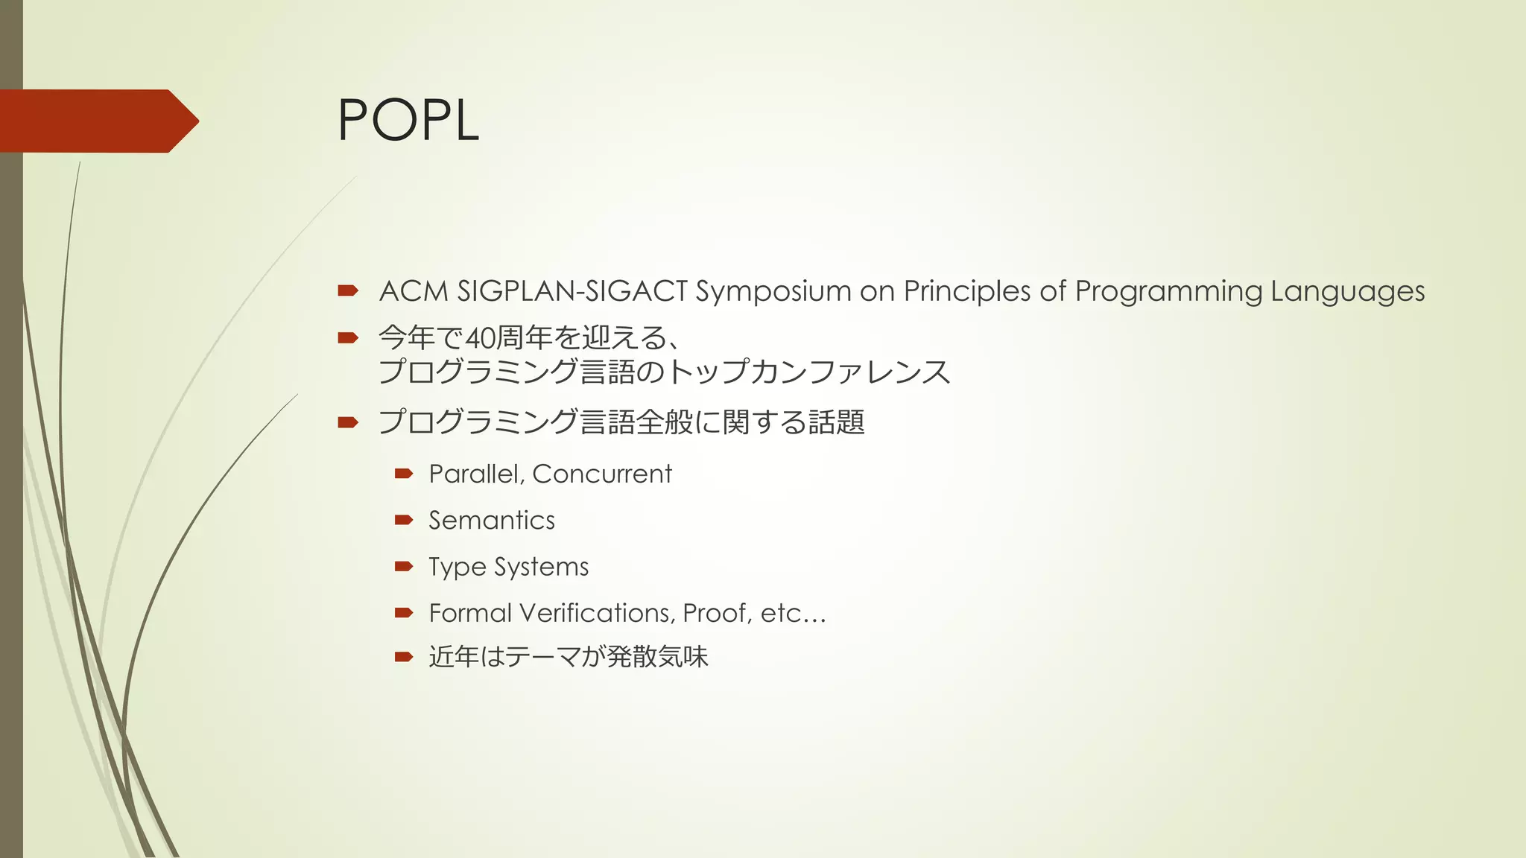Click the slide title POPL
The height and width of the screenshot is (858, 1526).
[x=408, y=121]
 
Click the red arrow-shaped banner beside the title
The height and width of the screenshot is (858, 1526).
[x=97, y=121]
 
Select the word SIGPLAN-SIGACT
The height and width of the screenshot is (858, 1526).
[x=572, y=291]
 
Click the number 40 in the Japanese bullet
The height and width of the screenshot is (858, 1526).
[x=480, y=339]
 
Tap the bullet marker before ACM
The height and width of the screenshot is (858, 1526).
[x=348, y=291]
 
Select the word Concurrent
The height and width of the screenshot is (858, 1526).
[x=602, y=474]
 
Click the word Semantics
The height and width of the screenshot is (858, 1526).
[x=492, y=521]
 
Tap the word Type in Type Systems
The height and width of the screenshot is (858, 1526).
[x=457, y=568]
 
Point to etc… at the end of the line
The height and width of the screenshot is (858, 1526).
[x=793, y=613]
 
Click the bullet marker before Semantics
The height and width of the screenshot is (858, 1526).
[x=404, y=520]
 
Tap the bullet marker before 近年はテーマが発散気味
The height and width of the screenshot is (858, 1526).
[x=404, y=656]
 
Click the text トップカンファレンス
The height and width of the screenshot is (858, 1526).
[x=808, y=372]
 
